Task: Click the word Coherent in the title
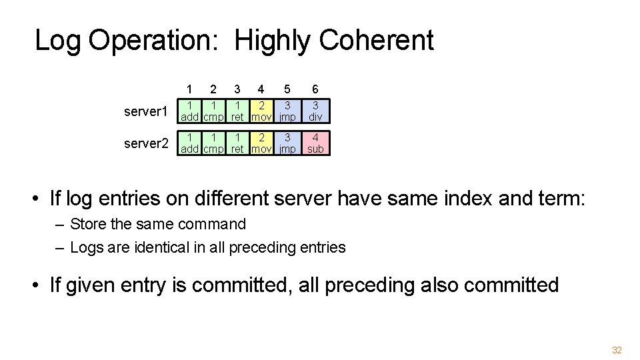[x=377, y=41]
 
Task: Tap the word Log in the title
[x=57, y=41]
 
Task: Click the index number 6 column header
[x=315, y=89]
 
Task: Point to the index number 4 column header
[x=261, y=89]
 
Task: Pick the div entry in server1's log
[x=315, y=111]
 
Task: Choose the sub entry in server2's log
[x=315, y=143]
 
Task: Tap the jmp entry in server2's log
[x=288, y=143]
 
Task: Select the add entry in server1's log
[x=191, y=111]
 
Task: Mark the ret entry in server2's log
[x=237, y=143]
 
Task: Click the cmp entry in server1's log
[x=213, y=111]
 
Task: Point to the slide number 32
[x=617, y=351]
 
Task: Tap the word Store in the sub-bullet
[x=89, y=225]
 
